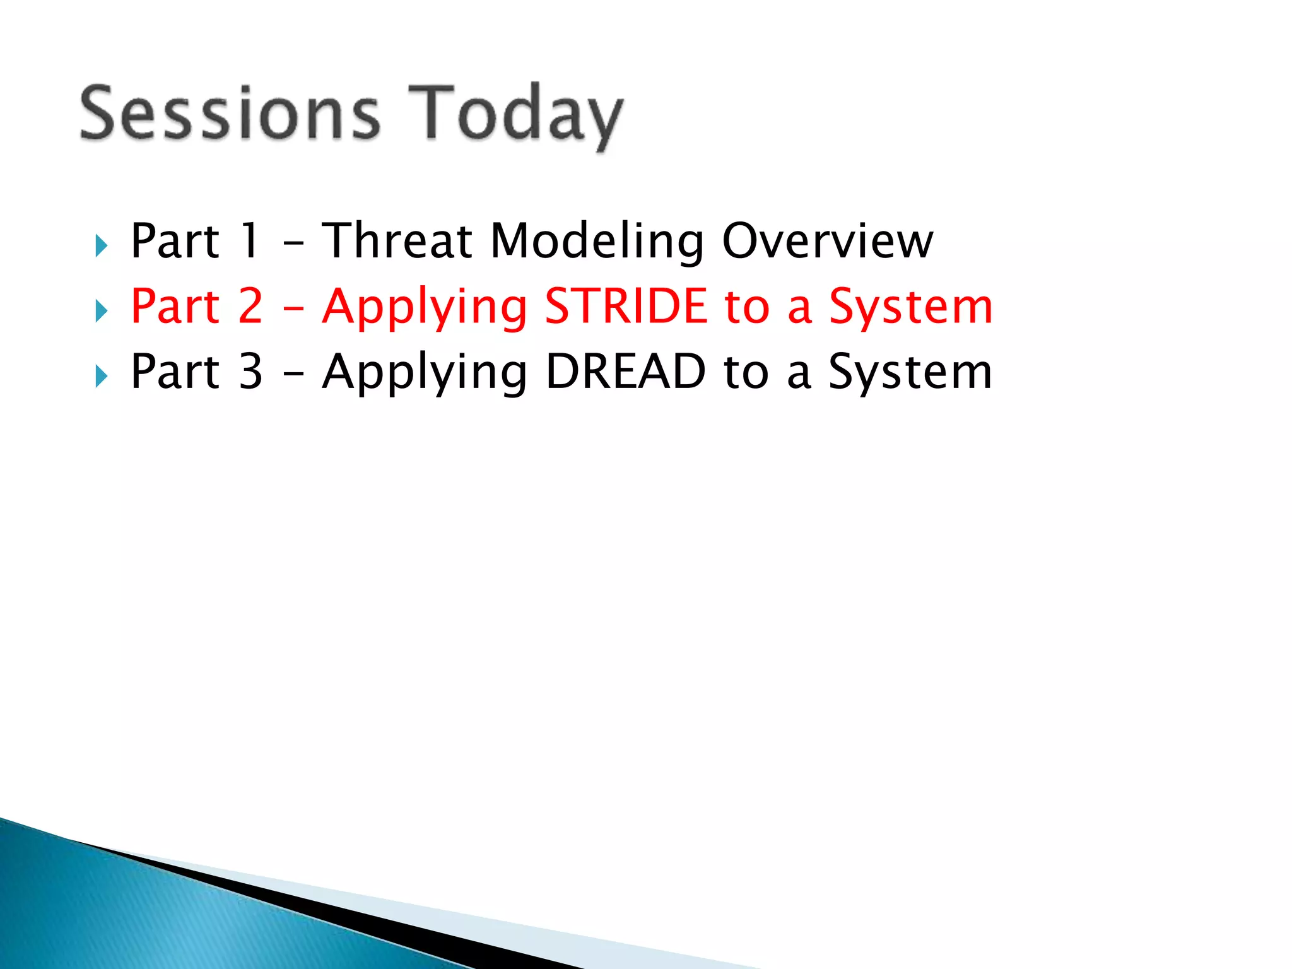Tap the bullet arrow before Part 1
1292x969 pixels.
(101, 245)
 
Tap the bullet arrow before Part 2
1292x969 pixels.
(101, 310)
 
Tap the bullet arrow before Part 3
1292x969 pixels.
(101, 376)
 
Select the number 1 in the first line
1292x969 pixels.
(250, 241)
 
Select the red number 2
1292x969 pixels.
(250, 307)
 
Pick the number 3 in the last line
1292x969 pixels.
(250, 372)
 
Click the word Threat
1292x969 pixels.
(397, 241)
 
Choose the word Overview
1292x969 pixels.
(827, 241)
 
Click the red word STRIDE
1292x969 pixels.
(626, 307)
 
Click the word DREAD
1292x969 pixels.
(626, 372)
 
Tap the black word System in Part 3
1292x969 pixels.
(910, 373)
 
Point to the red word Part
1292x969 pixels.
(175, 307)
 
